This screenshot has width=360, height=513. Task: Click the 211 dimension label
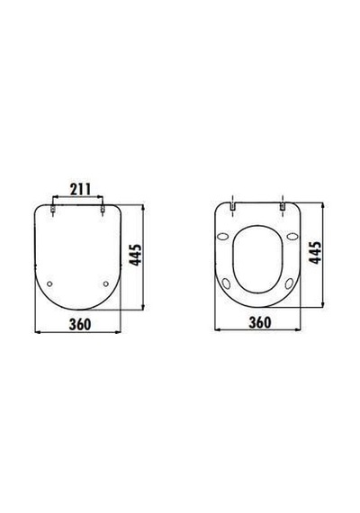80,189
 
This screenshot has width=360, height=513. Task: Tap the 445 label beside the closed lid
136,255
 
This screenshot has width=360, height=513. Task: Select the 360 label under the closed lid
80,324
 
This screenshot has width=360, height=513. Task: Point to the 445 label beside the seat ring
316,253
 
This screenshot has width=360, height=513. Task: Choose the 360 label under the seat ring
260,322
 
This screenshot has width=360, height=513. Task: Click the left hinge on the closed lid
53,209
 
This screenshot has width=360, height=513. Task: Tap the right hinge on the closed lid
103,209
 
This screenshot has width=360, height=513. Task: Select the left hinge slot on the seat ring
232,207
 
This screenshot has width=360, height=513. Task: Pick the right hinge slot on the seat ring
282,207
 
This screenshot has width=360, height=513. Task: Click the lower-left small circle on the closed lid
49,283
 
